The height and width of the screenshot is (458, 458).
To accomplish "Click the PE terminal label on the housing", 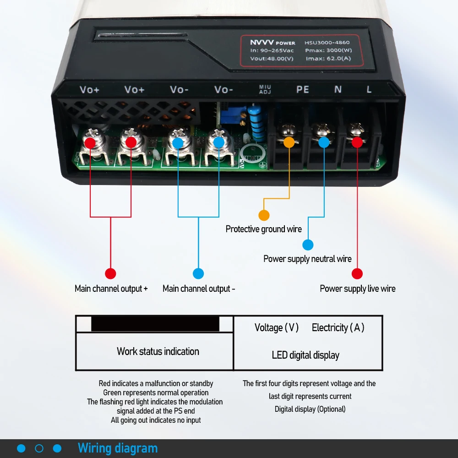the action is click(303, 89).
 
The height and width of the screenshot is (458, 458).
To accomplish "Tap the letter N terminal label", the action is click(338, 89).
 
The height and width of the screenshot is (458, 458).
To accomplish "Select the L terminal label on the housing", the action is click(369, 89).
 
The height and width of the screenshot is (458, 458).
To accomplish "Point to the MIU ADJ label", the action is click(265, 89).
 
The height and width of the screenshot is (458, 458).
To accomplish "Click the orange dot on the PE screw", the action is click(289, 142).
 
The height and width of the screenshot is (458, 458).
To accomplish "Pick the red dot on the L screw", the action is click(357, 142).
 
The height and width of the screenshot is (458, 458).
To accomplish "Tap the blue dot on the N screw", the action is click(323, 142).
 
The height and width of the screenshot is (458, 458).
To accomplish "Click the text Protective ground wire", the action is click(264, 229).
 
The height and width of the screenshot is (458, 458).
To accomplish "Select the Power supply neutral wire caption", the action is click(307, 259).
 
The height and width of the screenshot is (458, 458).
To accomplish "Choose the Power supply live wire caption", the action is click(358, 289).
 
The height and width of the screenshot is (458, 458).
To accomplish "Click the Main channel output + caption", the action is click(111, 289).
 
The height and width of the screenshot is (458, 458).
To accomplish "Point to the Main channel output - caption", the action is click(199, 289).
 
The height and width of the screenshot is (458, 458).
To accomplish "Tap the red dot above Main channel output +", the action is click(110, 274).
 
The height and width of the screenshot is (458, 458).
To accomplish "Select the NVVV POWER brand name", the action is click(273, 43).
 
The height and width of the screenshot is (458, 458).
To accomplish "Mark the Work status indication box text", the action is click(158, 352).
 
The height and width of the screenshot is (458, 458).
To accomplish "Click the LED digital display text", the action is click(305, 355).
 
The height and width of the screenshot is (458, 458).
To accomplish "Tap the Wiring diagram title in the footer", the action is click(118, 448).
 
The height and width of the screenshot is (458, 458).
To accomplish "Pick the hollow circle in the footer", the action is click(39, 448).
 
